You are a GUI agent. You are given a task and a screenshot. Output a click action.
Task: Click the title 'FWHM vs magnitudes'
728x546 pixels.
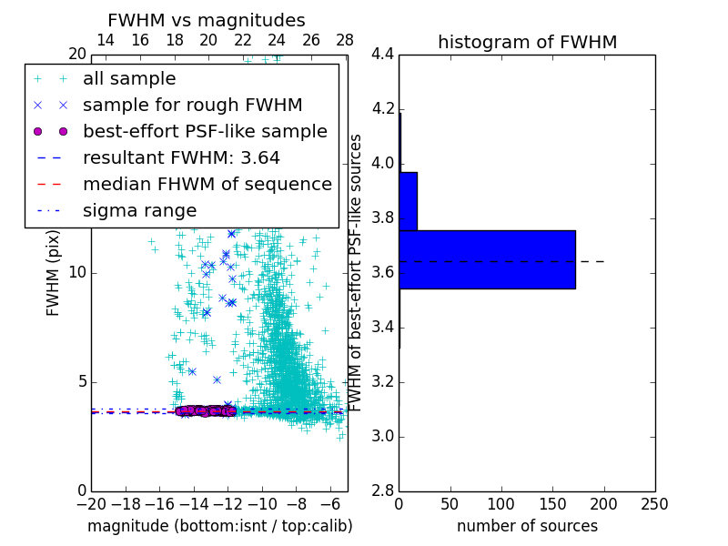tap(207, 20)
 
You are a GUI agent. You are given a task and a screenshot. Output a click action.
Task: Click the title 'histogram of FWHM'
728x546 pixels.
tap(527, 42)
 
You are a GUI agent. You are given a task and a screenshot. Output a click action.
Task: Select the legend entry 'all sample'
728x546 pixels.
tap(129, 79)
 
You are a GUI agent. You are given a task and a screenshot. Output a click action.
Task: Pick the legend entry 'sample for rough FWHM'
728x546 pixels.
tap(192, 105)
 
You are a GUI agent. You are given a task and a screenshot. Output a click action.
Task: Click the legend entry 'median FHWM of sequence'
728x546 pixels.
tap(207, 184)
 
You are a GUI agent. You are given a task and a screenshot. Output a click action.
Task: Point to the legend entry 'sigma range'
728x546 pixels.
tap(139, 210)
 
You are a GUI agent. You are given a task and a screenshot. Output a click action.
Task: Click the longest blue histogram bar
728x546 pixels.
tap(487, 259)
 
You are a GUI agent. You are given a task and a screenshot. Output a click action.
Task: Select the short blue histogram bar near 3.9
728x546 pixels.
tap(408, 201)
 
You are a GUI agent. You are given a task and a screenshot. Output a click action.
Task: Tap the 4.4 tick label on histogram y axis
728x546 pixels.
tap(383, 55)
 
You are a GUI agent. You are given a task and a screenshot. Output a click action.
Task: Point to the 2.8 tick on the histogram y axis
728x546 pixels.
tap(383, 491)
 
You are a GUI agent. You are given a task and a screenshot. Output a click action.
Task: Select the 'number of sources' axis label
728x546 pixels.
tap(527, 526)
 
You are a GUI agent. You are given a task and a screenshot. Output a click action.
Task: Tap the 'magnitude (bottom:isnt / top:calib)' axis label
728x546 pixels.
tap(219, 526)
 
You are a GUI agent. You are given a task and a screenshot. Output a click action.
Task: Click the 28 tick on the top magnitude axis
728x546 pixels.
tap(345, 41)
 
